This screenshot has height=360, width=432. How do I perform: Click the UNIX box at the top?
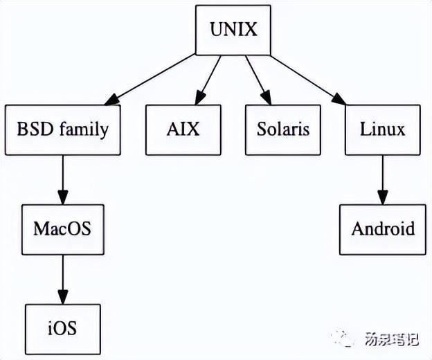pyautogui.click(x=233, y=30)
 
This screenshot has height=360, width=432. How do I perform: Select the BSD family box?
pyautogui.click(x=62, y=129)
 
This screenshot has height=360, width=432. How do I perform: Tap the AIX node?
pyautogui.click(x=183, y=129)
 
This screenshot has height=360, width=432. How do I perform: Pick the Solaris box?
pyautogui.click(x=282, y=129)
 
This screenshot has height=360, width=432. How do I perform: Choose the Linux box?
pyautogui.click(x=382, y=129)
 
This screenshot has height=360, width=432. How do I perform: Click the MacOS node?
pyautogui.click(x=62, y=229)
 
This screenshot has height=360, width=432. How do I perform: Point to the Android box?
pyautogui.click(x=382, y=229)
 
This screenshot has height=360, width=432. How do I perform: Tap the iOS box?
pyautogui.click(x=62, y=328)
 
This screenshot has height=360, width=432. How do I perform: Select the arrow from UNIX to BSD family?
pyautogui.click(x=152, y=80)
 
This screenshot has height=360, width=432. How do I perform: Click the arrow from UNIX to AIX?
pyautogui.click(x=208, y=80)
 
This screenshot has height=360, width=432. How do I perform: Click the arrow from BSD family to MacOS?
pyautogui.click(x=62, y=179)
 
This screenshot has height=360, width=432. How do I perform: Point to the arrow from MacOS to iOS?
pyautogui.click(x=62, y=278)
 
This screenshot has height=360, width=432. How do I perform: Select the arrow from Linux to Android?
pyautogui.click(x=382, y=179)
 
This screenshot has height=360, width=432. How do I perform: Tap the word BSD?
pyautogui.click(x=35, y=129)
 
